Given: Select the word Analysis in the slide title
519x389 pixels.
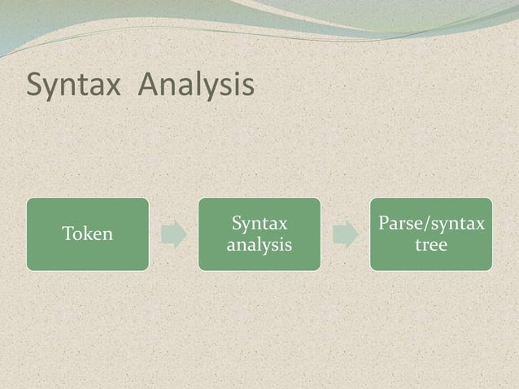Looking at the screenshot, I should pyautogui.click(x=195, y=85).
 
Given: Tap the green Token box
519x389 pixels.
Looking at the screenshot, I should pyautogui.click(x=87, y=234).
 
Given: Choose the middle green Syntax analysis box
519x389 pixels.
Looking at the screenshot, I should pyautogui.click(x=259, y=234).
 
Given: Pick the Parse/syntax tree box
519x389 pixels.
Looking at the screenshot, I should pyautogui.click(x=431, y=234).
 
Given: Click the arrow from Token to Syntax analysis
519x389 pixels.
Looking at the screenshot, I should pyautogui.click(x=173, y=234).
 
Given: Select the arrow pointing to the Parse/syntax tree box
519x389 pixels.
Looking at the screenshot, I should pyautogui.click(x=346, y=234).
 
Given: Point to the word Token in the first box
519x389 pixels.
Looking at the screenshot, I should pyautogui.click(x=87, y=234).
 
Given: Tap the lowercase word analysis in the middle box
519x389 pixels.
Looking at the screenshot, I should pyautogui.click(x=259, y=244).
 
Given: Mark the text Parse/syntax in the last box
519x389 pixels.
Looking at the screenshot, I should pyautogui.click(x=431, y=224).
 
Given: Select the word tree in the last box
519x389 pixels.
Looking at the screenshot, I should pyautogui.click(x=431, y=244).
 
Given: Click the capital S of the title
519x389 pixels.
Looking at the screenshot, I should pyautogui.click(x=35, y=85).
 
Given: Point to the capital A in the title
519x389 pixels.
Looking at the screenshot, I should pyautogui.click(x=149, y=84).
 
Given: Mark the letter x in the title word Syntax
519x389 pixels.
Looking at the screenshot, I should pyautogui.click(x=116, y=87).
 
